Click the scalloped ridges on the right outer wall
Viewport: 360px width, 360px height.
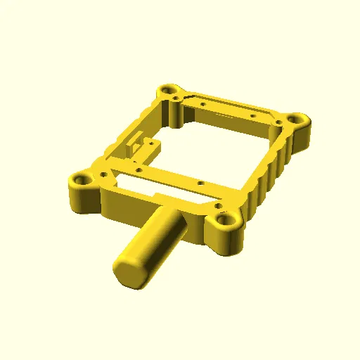coord(271,172)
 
